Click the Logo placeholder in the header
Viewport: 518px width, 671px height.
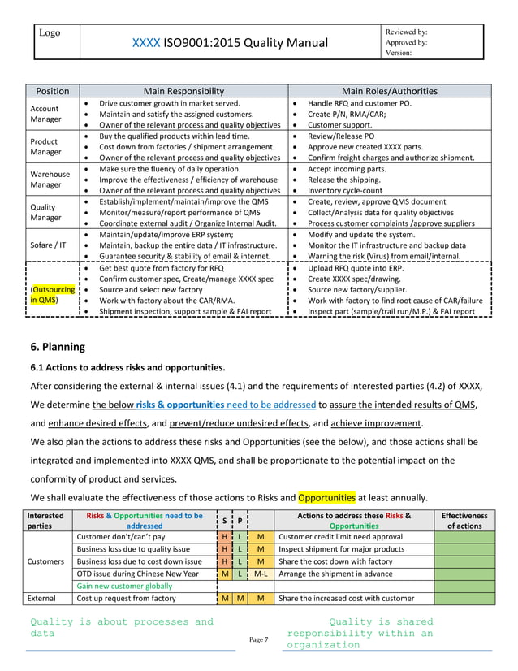(52, 32)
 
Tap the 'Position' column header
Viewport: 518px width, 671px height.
(49, 91)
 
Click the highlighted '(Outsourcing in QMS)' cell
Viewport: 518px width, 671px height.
(52, 293)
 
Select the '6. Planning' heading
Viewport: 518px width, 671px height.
(57, 347)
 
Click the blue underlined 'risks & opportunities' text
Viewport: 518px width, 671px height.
(180, 404)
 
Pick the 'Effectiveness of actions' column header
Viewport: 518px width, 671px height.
(463, 521)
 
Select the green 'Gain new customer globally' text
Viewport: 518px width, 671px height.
(124, 585)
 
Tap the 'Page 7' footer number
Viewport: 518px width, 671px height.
(259, 640)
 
